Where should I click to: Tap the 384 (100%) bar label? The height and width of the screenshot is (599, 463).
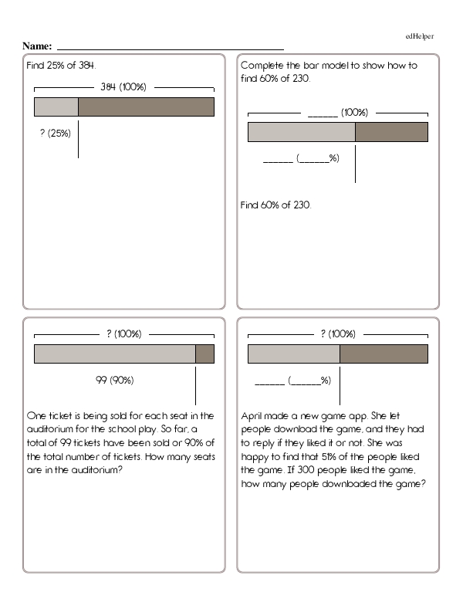tap(123, 87)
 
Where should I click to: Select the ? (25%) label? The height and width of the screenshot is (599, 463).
tap(55, 133)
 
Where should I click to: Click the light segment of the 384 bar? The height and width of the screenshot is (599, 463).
tap(56, 107)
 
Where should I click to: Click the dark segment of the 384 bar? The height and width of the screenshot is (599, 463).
tap(146, 107)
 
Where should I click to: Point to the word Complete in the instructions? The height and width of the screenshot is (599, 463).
tap(263, 66)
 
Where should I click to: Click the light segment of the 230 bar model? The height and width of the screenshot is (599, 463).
tap(301, 133)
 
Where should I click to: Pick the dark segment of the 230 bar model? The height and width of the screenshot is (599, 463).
tap(391, 133)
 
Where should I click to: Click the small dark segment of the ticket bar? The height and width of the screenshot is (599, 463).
tap(204, 354)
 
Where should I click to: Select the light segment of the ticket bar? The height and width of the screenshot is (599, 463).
tap(114, 354)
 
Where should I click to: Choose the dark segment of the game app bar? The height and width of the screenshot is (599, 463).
tap(384, 354)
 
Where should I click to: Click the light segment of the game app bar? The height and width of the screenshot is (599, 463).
tap(293, 354)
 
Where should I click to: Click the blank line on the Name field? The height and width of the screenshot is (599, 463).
tap(170, 48)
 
